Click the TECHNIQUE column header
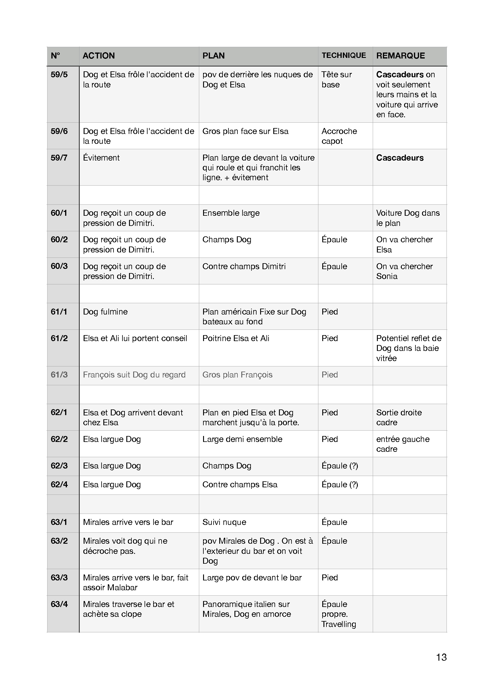[344, 55]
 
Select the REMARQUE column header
[400, 56]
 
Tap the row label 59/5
[59, 75]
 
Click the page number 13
[441, 657]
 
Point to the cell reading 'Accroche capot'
[339, 136]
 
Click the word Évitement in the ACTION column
[101, 158]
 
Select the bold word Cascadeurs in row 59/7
[400, 158]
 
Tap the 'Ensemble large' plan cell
[231, 213]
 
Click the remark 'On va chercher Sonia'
[404, 271]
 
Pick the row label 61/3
[59, 375]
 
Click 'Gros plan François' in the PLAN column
[237, 375]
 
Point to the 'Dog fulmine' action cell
[105, 312]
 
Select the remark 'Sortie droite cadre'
[399, 417]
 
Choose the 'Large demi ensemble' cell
[242, 439]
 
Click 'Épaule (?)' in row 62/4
[340, 484]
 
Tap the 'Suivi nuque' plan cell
[224, 522]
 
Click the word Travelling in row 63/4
[339, 624]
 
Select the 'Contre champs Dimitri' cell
[244, 266]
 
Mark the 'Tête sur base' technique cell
[336, 79]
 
